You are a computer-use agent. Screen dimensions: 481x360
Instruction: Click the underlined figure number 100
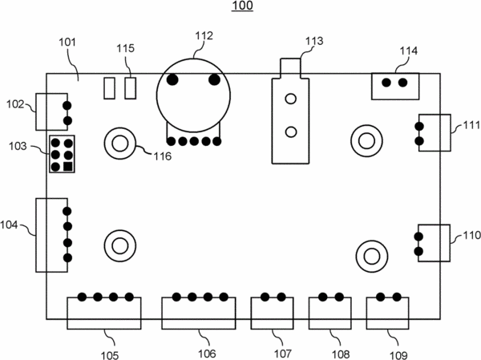click(x=242, y=6)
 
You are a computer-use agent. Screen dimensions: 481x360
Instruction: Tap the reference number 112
click(x=204, y=35)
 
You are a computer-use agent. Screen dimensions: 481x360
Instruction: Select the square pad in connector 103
click(x=68, y=167)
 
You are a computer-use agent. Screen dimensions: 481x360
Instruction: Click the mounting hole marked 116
click(x=120, y=144)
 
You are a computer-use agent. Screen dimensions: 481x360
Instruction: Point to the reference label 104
click(x=9, y=225)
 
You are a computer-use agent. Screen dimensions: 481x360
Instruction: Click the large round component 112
click(x=193, y=95)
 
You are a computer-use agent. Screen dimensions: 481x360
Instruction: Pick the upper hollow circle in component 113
click(x=290, y=99)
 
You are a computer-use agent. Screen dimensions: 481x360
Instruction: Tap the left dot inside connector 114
click(x=386, y=83)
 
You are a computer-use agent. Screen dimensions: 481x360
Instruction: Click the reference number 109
click(x=398, y=355)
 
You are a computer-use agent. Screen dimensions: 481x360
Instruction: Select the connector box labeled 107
click(x=272, y=313)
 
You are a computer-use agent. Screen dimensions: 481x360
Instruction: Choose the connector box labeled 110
click(x=434, y=243)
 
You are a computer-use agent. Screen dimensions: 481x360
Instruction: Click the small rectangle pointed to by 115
click(x=131, y=88)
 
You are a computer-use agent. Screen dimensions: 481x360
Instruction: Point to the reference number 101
click(x=67, y=42)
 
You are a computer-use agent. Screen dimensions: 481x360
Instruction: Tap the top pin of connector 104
click(x=67, y=211)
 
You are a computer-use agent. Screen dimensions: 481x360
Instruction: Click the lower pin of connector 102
click(x=67, y=120)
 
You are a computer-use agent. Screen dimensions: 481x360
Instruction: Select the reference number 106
click(x=207, y=354)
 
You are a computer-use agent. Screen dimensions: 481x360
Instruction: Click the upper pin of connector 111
click(x=419, y=126)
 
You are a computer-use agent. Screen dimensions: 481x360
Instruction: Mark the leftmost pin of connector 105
click(x=82, y=297)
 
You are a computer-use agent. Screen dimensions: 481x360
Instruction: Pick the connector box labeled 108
click(x=330, y=313)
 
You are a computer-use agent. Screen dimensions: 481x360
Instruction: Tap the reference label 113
click(x=314, y=41)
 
